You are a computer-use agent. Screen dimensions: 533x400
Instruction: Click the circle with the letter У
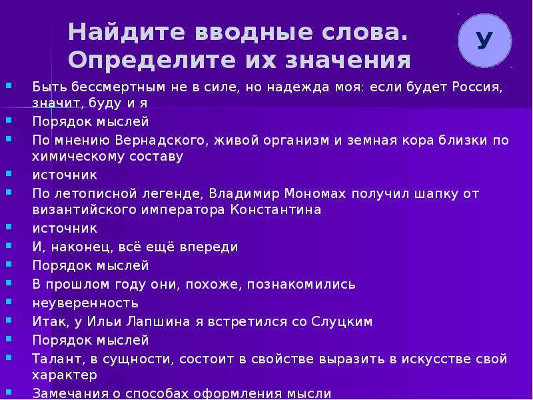tap(484, 41)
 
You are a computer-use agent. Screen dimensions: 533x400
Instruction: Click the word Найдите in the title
tap(127, 32)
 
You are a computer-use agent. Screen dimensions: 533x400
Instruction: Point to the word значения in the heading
tap(348, 61)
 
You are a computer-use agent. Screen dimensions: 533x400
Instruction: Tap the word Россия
tap(477, 87)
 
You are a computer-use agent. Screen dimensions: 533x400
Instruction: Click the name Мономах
tap(315, 194)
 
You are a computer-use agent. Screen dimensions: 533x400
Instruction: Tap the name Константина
tap(276, 209)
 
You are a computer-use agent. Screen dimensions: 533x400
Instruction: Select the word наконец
tap(81, 247)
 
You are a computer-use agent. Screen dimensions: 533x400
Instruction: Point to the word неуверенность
tap(85, 303)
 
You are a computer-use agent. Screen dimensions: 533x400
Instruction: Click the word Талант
tap(59, 359)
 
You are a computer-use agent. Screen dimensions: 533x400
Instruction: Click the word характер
tap(65, 375)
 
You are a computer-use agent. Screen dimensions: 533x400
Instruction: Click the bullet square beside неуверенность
tap(9, 301)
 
